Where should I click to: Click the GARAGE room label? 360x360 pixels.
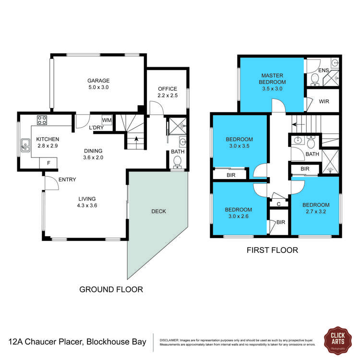click(x=98, y=81)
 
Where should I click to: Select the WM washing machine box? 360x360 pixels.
click(x=107, y=120)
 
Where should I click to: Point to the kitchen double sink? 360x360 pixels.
click(x=24, y=146)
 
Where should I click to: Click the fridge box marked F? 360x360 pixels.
click(x=48, y=163)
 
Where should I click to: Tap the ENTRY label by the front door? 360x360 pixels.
click(x=67, y=180)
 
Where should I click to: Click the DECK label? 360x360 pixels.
click(x=158, y=211)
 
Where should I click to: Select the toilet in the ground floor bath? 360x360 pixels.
click(x=178, y=162)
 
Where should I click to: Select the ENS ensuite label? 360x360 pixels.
click(x=324, y=71)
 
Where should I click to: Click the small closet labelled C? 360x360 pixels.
click(x=279, y=204)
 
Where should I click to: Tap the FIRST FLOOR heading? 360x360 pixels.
click(x=272, y=250)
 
